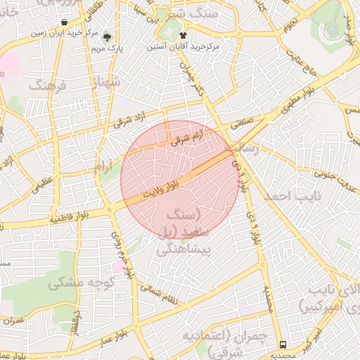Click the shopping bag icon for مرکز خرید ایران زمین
click(x=65, y=22)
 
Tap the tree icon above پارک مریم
click(x=108, y=38)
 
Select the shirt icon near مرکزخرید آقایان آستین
click(x=184, y=34)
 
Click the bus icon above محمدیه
click(x=283, y=345)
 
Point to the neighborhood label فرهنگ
click(x=47, y=86)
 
